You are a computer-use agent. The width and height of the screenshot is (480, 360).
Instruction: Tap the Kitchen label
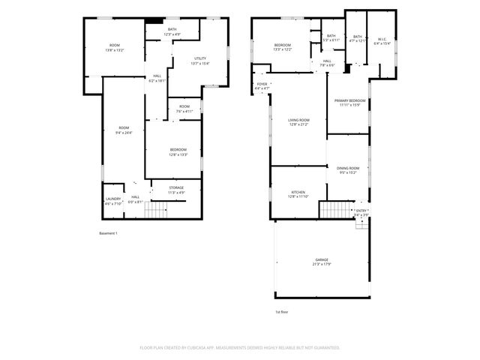tap(298, 193)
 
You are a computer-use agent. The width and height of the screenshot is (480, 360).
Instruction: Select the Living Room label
tap(298, 121)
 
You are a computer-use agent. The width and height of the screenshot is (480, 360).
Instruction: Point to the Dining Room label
tap(349, 169)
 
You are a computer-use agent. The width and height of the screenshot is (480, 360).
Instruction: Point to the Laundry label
tap(112, 200)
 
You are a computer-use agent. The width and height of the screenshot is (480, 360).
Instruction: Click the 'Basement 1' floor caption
tap(109, 233)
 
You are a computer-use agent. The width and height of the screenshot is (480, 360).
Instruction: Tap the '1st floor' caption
tap(282, 311)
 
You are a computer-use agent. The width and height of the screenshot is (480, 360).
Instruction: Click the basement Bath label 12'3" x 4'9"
tap(172, 32)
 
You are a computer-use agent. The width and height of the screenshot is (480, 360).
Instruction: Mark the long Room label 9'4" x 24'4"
tap(124, 130)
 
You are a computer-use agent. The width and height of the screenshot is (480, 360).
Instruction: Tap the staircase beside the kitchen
tap(334, 209)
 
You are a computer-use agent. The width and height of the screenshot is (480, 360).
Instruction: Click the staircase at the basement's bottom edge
tap(154, 213)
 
